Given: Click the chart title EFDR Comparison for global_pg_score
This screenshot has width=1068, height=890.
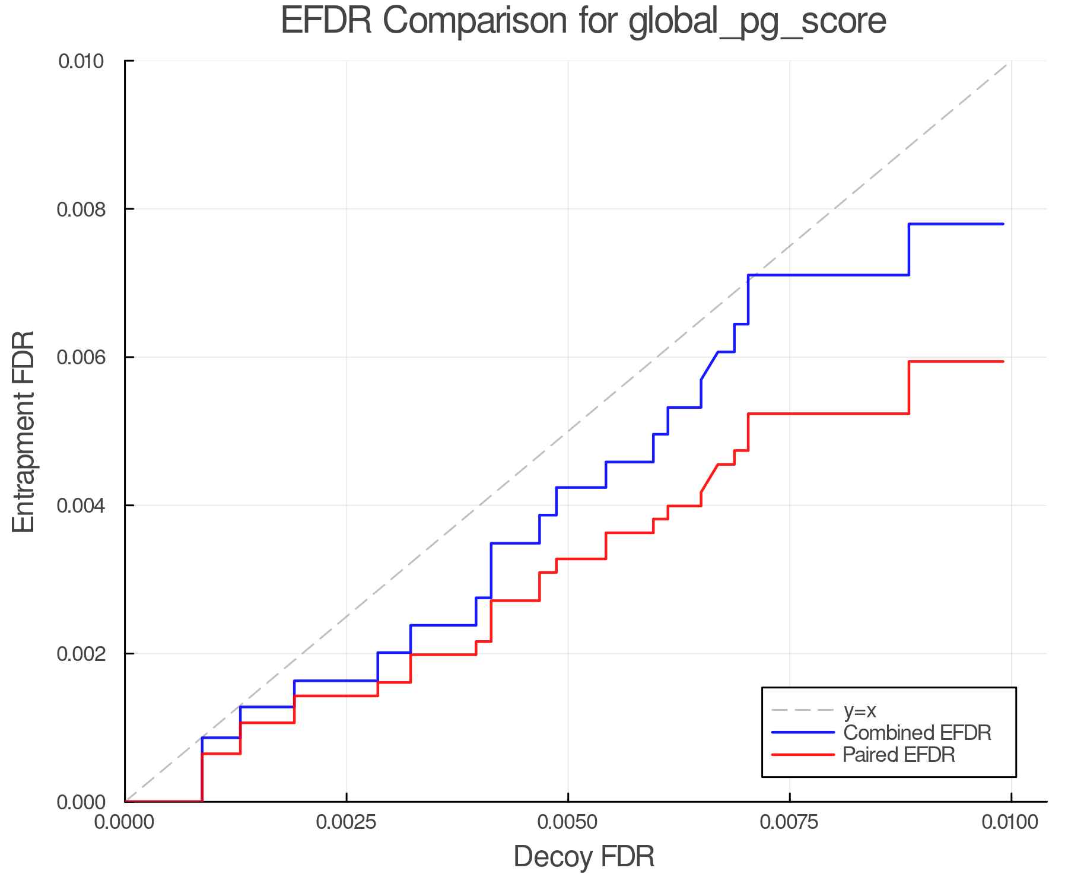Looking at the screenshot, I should (583, 21).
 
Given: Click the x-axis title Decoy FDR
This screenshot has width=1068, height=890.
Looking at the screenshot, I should (584, 856).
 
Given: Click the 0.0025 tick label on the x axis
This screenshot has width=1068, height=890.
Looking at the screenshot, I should (347, 822).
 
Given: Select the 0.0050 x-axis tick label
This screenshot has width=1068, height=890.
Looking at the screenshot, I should (568, 822).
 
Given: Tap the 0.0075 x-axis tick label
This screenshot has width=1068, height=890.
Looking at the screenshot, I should (790, 822).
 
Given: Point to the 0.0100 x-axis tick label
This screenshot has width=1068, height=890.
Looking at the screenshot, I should (1010, 822).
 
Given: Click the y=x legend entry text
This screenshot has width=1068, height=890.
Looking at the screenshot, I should (860, 710).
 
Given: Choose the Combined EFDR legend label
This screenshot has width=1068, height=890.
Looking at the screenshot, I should (917, 733).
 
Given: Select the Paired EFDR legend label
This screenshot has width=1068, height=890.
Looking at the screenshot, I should (899, 755).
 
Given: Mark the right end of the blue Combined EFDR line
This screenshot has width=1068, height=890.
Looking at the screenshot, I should (1003, 224).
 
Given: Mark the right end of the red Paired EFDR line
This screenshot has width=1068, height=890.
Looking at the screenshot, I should (1003, 361).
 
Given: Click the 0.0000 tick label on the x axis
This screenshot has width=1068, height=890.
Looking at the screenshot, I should (125, 822).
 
